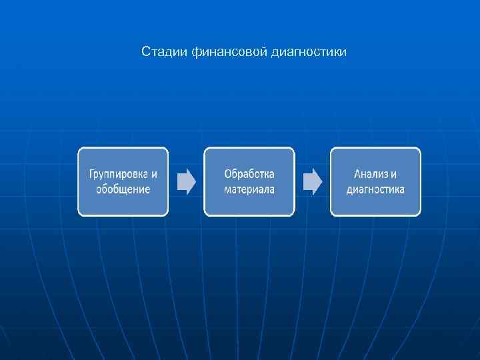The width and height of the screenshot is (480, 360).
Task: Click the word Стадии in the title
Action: [158, 51]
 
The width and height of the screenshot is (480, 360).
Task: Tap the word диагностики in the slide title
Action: [309, 51]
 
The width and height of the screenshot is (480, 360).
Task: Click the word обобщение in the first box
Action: [123, 189]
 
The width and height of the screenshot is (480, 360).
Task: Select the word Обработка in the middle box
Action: [249, 174]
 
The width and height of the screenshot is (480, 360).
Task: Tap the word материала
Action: [249, 189]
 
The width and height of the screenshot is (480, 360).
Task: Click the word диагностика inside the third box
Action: [375, 189]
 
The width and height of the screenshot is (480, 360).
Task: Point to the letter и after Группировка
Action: [154, 175]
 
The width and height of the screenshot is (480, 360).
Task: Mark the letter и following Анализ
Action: [393, 175]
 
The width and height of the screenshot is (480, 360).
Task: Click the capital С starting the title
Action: [145, 51]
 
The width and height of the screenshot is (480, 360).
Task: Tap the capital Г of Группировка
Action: [92, 175]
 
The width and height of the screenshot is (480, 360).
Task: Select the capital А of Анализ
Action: [357, 174]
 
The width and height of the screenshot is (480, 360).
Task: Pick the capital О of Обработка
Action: [228, 174]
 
